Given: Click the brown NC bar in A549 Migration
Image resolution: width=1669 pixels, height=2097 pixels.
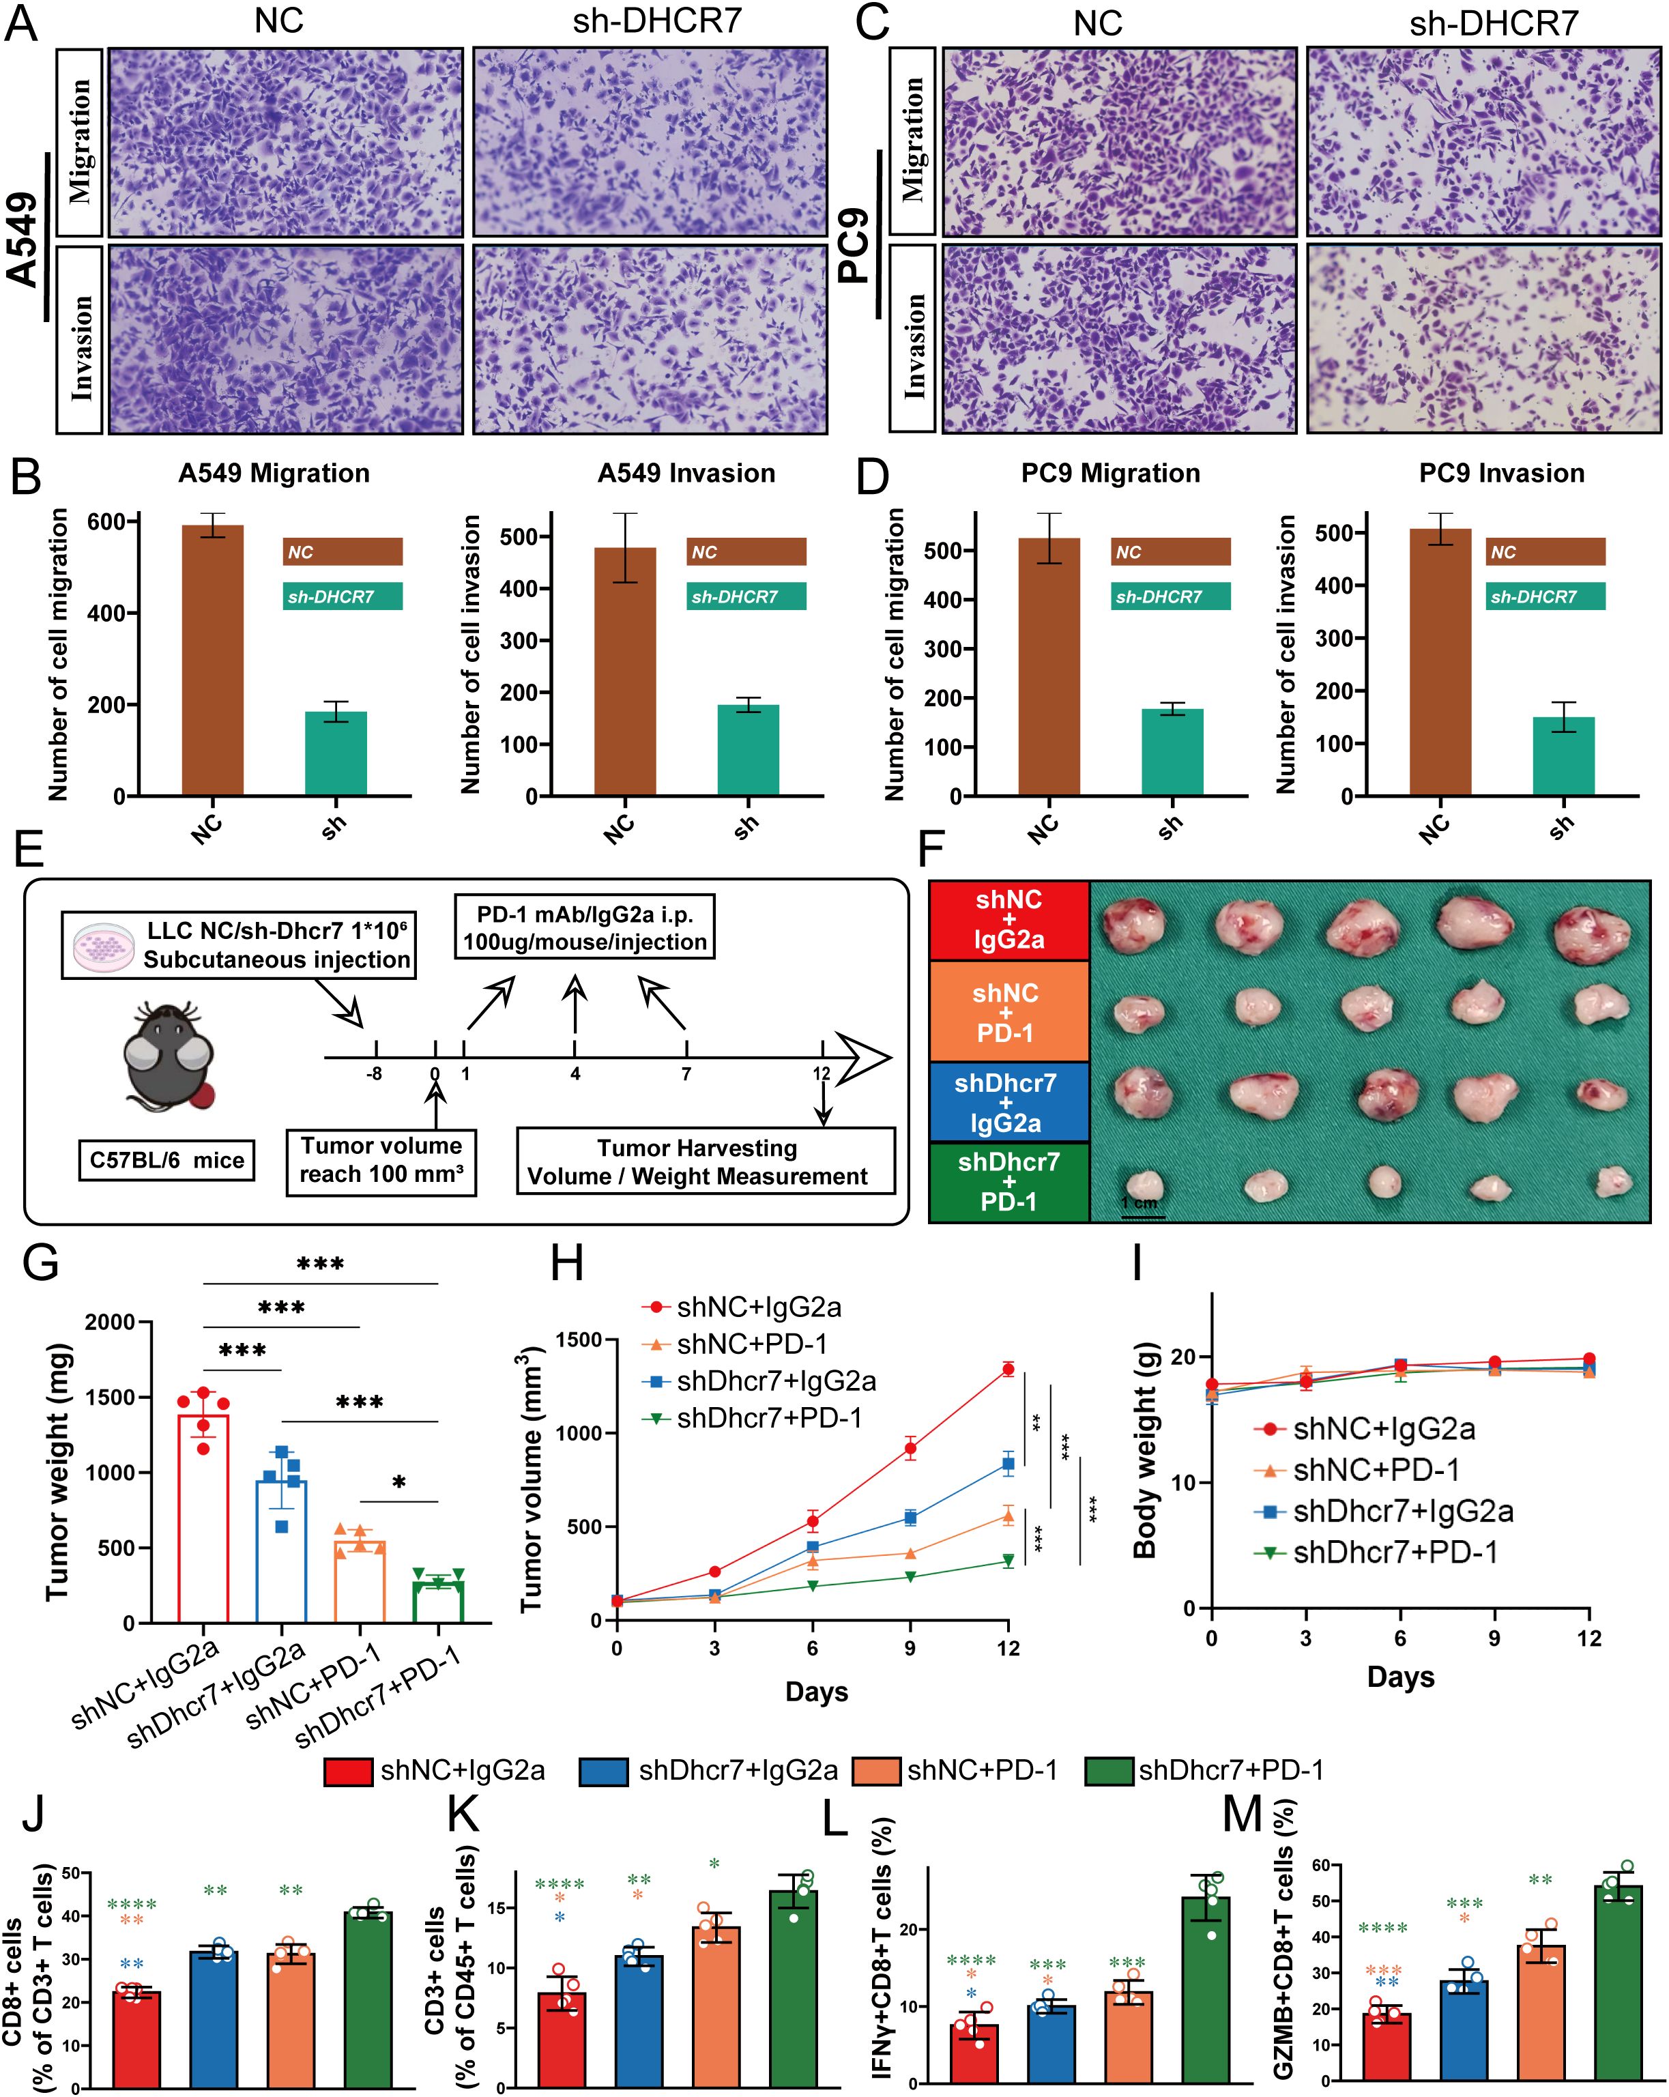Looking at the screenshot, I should click(212, 661).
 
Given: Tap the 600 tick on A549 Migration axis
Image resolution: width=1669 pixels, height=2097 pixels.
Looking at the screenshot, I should click(105, 522).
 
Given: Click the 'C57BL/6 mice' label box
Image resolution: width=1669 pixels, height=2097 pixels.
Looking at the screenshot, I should click(166, 1160).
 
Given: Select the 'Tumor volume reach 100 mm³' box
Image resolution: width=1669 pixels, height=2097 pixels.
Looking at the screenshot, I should click(381, 1159).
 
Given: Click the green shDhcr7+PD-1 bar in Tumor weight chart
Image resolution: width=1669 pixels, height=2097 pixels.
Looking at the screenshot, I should click(437, 1601).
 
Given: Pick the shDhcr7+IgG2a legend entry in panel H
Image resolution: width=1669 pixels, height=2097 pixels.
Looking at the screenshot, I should click(759, 1381).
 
